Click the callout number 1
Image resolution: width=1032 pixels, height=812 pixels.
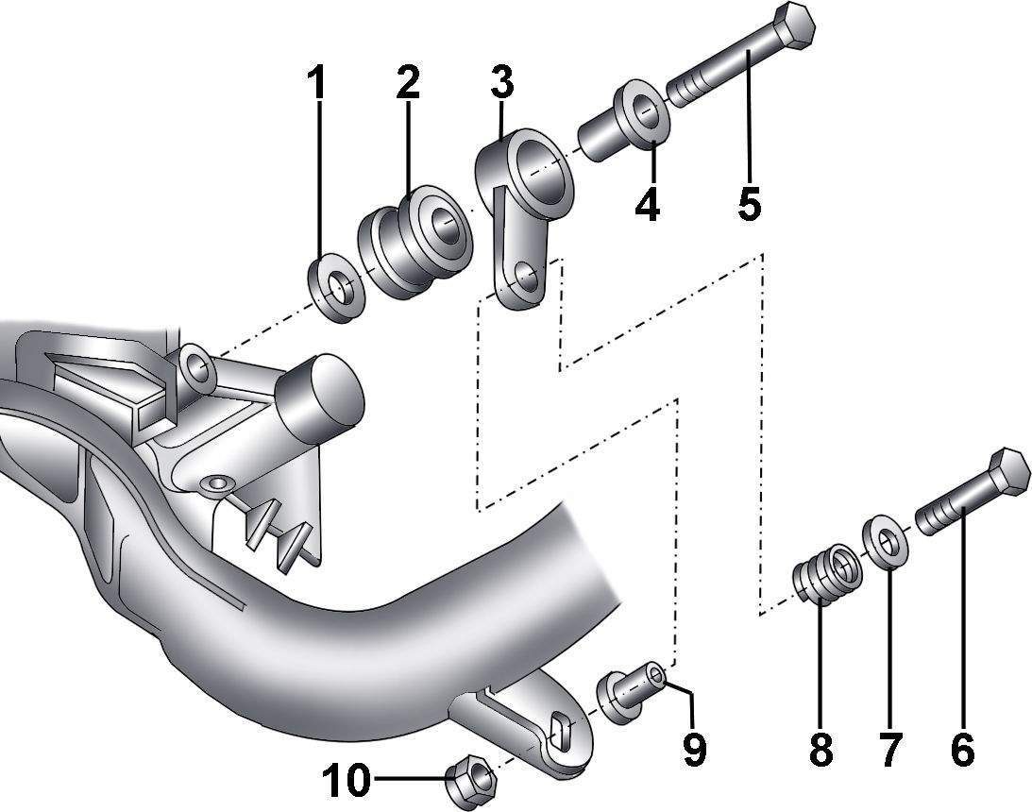317,82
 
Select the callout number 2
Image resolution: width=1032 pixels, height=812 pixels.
407,82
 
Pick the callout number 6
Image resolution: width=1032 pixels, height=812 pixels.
963,749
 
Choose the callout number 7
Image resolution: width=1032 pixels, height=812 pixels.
889,749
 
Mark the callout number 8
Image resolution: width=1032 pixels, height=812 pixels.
821,749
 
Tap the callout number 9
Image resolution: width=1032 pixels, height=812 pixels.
694,749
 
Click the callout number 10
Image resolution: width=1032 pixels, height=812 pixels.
346,781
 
